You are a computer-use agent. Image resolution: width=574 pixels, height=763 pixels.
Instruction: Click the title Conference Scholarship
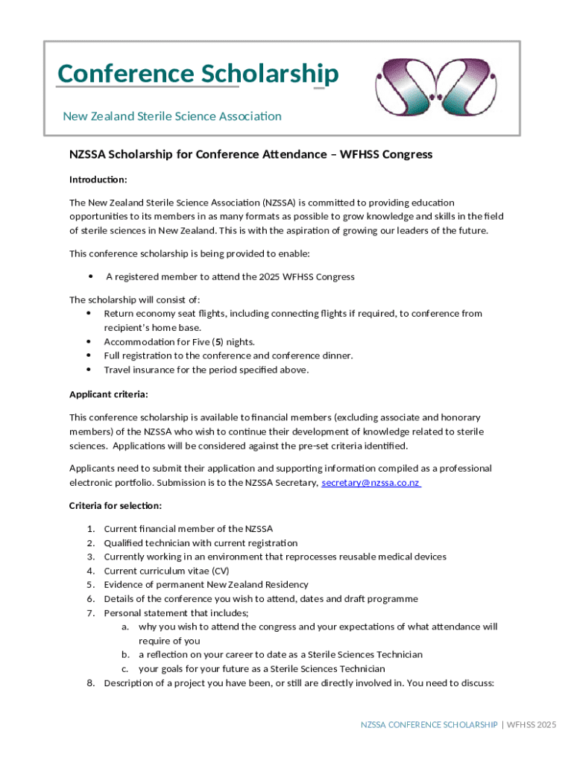(x=198, y=75)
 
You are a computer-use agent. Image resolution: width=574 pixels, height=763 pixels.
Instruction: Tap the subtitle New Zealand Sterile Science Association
(x=172, y=116)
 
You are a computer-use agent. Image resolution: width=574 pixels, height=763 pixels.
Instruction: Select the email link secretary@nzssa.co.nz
(x=370, y=483)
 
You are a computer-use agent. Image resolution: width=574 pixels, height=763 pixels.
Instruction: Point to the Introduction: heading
(x=98, y=180)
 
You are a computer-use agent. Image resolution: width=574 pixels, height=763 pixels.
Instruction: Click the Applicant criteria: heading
(x=109, y=394)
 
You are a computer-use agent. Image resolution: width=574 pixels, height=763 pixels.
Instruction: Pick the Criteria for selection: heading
(x=116, y=506)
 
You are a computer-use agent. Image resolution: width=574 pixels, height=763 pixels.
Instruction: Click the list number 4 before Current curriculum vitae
(x=90, y=571)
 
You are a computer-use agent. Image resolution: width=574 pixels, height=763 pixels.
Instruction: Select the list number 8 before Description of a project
(x=90, y=683)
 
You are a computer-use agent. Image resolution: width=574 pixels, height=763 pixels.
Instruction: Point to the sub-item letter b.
(x=126, y=655)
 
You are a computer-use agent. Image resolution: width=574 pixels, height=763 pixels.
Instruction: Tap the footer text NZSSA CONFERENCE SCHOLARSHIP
(x=429, y=724)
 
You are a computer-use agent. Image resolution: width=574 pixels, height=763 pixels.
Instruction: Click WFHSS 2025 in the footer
(x=532, y=724)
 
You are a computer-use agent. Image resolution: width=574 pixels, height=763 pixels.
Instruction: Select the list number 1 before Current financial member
(x=90, y=529)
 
